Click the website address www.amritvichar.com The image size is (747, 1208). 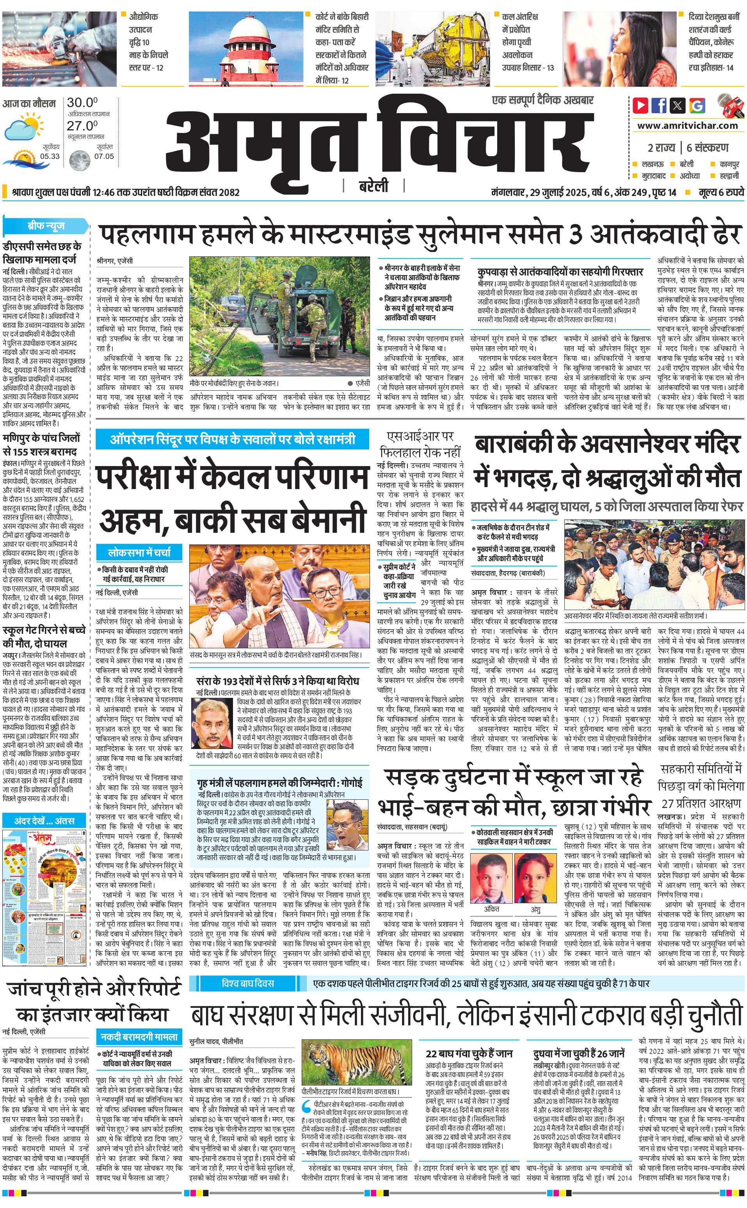coord(687,126)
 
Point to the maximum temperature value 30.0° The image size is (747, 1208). coord(82,103)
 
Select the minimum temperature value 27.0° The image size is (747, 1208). coord(82,126)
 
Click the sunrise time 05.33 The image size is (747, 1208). coord(50,156)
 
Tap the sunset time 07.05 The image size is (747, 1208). coord(104,156)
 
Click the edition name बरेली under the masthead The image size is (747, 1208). coord(373,186)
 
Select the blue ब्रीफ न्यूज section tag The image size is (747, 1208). coord(46,226)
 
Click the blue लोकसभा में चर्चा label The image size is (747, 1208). coord(139,552)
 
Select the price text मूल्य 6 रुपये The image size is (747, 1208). coord(721,192)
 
